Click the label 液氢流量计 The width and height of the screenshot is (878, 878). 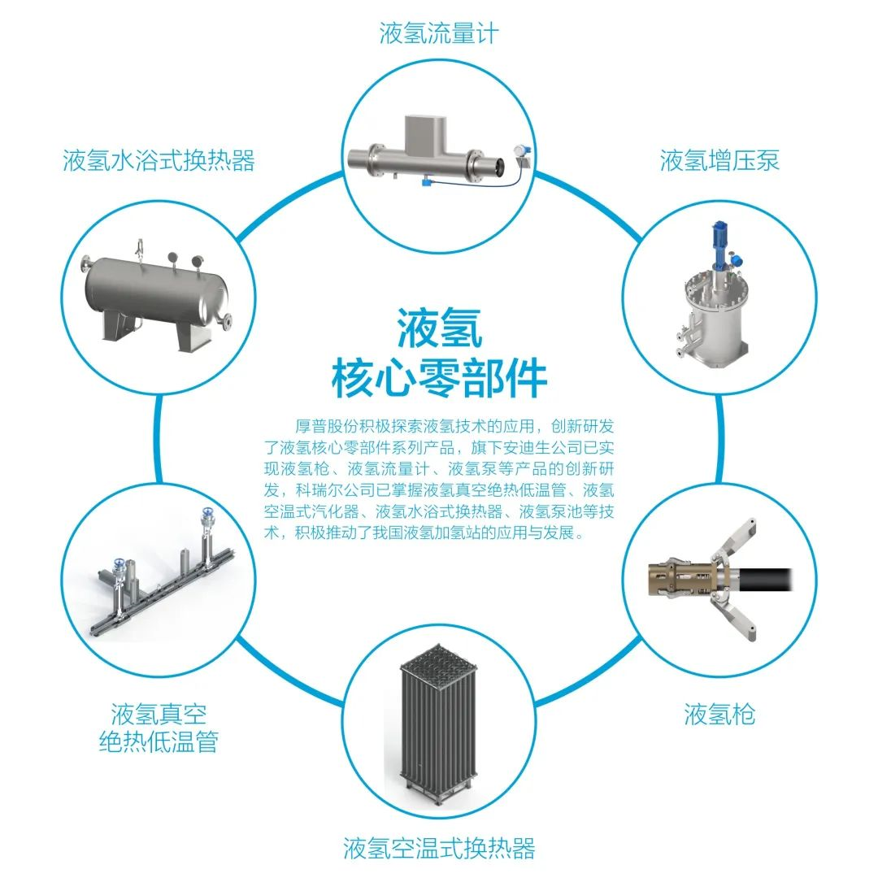(x=438, y=33)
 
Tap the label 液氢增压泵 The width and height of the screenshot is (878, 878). (x=719, y=160)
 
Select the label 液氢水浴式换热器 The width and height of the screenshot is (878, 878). (x=159, y=160)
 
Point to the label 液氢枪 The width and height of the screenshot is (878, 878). (x=719, y=714)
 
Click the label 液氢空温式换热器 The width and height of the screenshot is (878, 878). (x=438, y=847)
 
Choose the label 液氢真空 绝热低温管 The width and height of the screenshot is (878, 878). (x=159, y=728)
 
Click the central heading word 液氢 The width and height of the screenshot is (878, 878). (x=440, y=328)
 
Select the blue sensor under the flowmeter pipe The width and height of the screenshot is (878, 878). (x=426, y=183)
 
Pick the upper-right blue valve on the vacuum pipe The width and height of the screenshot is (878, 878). (x=208, y=514)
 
